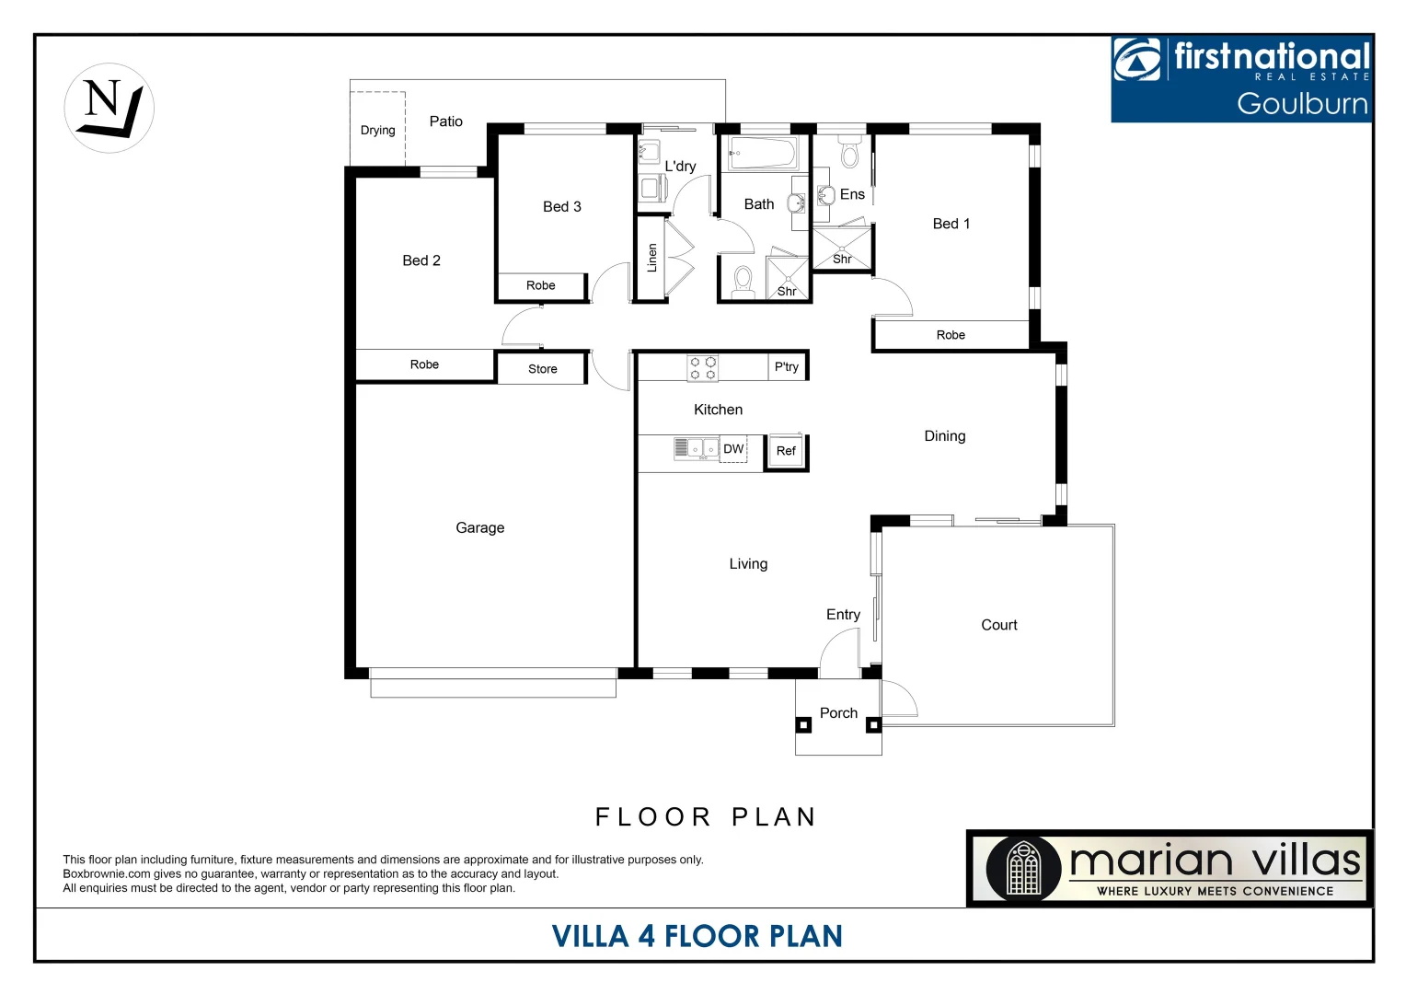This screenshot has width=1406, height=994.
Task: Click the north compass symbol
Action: (109, 108)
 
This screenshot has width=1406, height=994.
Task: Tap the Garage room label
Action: (479, 527)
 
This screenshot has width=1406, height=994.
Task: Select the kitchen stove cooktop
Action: (703, 368)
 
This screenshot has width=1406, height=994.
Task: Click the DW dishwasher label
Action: (733, 449)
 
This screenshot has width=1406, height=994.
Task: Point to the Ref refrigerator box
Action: (786, 451)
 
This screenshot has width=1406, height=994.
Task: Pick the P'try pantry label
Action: (787, 366)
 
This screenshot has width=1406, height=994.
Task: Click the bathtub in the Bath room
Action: (763, 153)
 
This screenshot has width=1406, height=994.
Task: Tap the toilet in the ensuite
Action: (850, 153)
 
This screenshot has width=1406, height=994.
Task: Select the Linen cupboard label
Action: (652, 258)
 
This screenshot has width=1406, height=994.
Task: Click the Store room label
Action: (542, 369)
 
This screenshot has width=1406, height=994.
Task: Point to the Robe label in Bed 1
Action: (951, 335)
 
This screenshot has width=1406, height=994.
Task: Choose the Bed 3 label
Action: (561, 207)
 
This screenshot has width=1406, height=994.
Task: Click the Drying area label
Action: (377, 131)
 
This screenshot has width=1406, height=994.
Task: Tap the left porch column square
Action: (803, 725)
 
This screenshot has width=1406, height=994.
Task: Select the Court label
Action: (998, 625)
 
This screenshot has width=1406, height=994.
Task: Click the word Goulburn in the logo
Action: (1301, 103)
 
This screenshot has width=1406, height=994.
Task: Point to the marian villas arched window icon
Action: (1022, 868)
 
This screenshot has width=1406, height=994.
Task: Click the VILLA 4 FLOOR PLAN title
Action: (697, 936)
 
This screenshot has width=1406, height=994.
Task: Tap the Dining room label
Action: (944, 436)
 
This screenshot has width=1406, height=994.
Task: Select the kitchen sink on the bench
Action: (697, 448)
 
